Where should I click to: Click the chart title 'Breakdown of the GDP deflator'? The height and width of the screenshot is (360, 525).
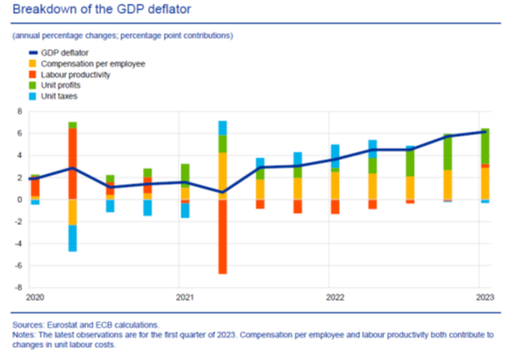pos(102,9)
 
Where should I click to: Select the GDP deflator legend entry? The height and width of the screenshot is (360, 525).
pos(58,53)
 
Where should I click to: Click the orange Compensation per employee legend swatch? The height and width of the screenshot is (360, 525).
pos(32,64)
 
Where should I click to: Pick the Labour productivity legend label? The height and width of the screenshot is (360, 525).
pos(75,75)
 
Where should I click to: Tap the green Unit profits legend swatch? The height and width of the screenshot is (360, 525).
pos(32,85)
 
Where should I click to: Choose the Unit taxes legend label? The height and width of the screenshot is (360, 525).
pos(59,96)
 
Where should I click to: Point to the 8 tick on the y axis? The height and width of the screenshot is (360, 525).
pos(19,111)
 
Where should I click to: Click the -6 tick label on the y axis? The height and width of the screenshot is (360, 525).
pos(19,266)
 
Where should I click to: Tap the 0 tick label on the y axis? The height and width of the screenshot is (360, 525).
pos(19,200)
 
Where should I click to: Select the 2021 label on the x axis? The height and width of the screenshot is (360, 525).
pos(185,297)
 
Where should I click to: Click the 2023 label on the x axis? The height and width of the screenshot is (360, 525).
pos(485,297)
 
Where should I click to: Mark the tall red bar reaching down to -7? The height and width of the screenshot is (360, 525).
pos(222,237)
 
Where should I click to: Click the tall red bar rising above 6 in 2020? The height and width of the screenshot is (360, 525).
pos(72,164)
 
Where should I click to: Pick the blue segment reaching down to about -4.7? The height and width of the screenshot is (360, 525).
pos(72,238)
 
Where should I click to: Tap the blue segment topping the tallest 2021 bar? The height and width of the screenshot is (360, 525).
pos(222,128)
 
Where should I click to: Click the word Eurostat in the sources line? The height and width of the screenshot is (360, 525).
pos(62,325)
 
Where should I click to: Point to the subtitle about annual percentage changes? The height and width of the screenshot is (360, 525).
pos(123,35)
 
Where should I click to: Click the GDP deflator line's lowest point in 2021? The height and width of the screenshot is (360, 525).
pos(222,192)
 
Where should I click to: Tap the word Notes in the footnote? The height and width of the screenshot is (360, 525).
pos(23,335)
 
